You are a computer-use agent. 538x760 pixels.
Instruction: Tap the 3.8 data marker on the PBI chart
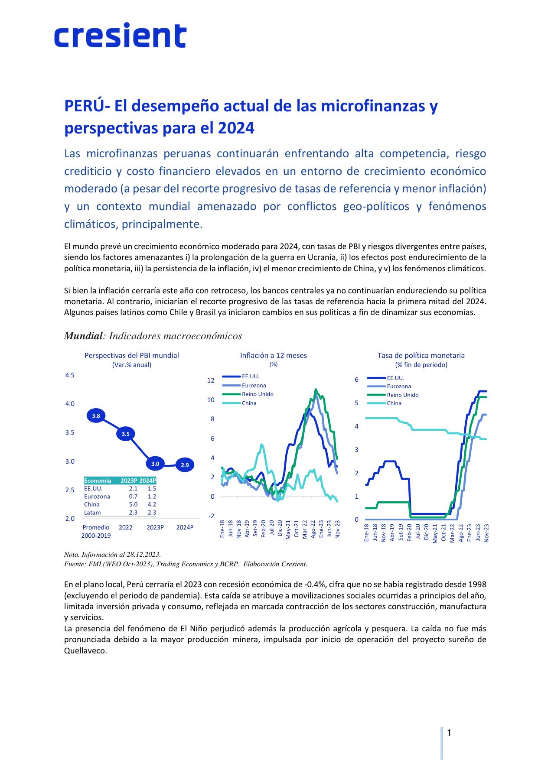96,416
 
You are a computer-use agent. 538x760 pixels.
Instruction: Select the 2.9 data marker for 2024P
185,465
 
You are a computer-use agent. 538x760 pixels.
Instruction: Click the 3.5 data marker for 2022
125,433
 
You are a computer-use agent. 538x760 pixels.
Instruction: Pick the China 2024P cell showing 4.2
152,504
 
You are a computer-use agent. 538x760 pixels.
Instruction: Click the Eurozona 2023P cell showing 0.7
133,496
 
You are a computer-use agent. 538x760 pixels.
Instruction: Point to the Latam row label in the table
92,513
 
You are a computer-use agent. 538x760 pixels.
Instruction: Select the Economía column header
98,481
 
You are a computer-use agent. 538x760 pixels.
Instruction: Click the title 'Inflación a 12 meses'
273,355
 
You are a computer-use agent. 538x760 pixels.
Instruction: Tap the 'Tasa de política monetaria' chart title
421,355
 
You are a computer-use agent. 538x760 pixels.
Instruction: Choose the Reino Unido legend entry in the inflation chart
258,394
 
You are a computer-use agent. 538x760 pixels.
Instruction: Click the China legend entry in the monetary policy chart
394,403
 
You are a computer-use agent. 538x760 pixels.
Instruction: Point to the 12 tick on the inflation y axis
211,380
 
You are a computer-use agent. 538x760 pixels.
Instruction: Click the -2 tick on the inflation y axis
211,516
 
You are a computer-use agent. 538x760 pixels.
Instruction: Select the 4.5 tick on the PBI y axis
70,375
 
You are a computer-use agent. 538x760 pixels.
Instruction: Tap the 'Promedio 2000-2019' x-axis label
96,532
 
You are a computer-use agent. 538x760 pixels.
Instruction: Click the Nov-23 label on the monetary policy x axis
486,532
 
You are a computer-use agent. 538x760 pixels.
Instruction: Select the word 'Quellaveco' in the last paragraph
85,651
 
